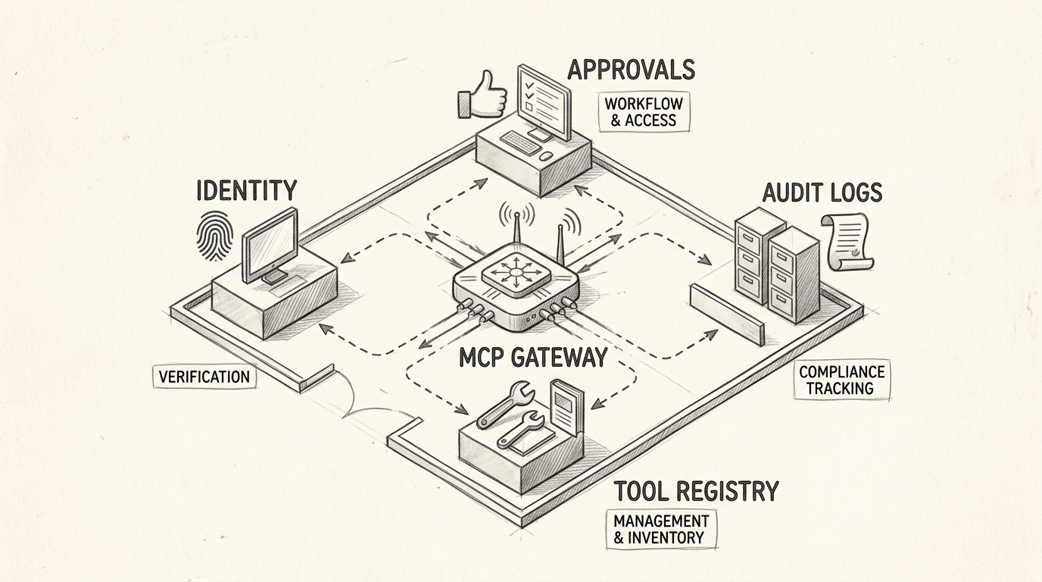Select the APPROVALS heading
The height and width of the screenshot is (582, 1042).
coord(631,70)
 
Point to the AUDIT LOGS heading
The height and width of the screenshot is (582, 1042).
coord(822,192)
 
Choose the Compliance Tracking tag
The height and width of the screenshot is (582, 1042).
coord(841,380)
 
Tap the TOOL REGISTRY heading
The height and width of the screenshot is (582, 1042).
coord(695,491)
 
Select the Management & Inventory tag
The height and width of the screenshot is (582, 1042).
coord(660,529)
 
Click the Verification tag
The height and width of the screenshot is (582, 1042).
coord(204,377)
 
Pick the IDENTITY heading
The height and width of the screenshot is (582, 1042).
coord(246,190)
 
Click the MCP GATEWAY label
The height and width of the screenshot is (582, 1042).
coord(533,357)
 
